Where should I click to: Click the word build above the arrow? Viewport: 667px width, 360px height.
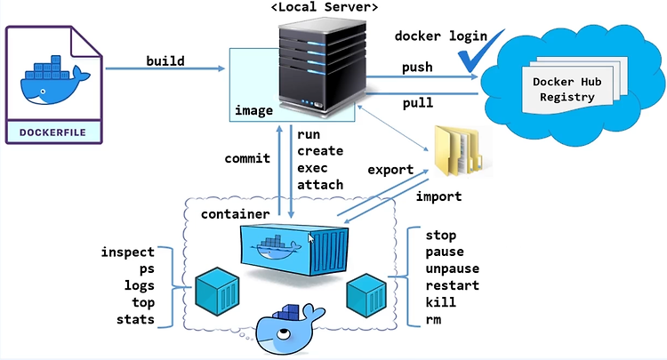166,60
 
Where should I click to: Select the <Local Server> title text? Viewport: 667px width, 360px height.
324,8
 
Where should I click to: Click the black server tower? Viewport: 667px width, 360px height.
323,67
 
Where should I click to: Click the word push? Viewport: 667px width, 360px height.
417,68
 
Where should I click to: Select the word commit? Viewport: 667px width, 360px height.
246,159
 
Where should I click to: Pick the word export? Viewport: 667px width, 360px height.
390,169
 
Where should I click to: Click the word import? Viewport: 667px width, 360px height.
439,196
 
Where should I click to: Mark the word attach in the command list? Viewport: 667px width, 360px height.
320,184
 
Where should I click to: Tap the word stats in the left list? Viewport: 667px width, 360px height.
135,319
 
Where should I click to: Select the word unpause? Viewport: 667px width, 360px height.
453,268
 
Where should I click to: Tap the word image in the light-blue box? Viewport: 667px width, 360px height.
253,111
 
